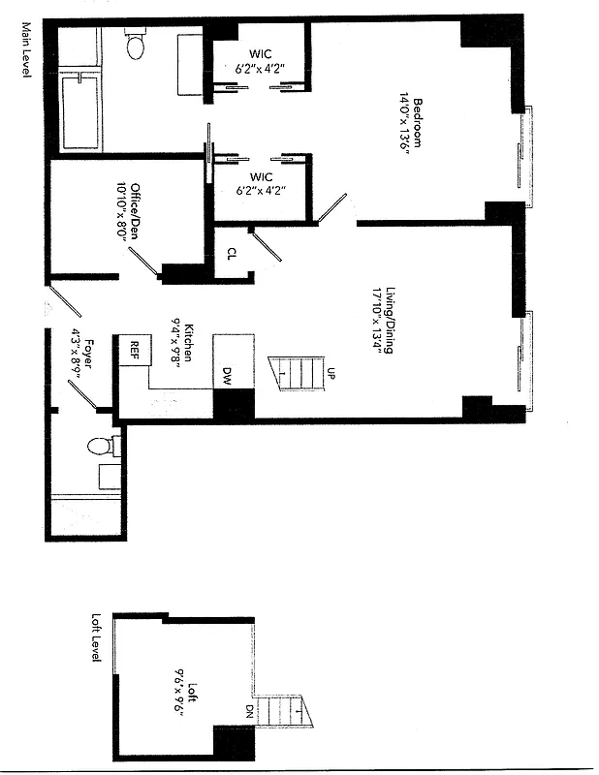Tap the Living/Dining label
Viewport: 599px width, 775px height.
(389, 321)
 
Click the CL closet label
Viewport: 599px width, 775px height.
(231, 254)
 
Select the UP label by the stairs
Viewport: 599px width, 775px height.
(331, 373)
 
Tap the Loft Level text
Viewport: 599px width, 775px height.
(96, 637)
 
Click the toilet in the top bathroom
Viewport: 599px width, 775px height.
(135, 43)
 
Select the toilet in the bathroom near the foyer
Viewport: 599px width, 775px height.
(100, 447)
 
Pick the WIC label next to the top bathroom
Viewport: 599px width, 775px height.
(260, 52)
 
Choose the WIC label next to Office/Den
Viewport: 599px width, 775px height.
(260, 177)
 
